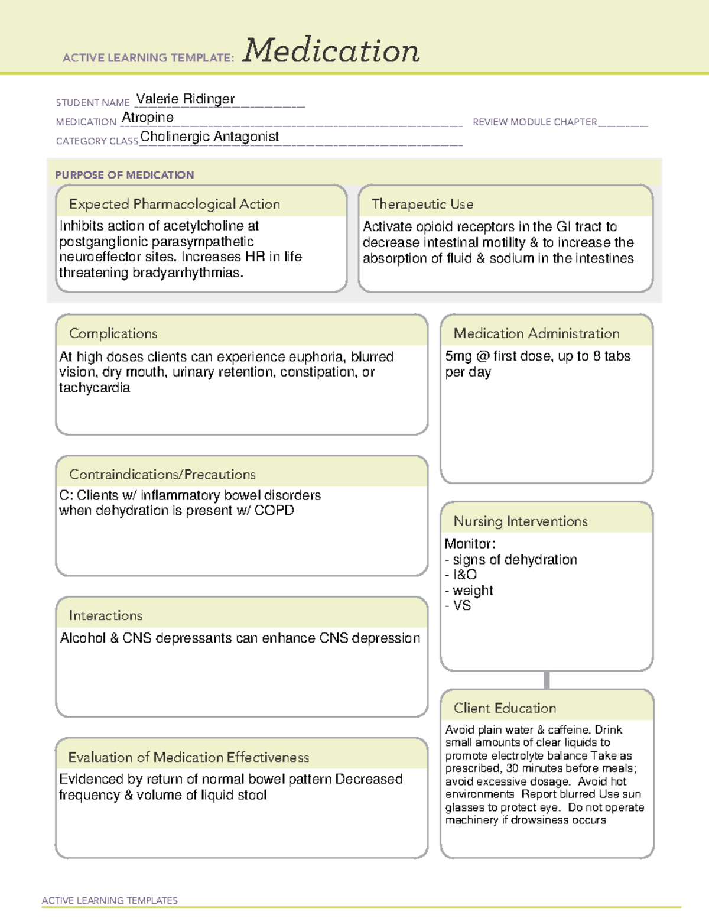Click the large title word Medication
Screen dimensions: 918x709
(x=331, y=51)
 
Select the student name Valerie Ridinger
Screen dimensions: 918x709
(x=185, y=99)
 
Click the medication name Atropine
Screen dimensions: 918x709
(x=148, y=118)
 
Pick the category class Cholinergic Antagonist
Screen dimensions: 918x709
(x=209, y=137)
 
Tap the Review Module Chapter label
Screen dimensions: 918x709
(x=535, y=122)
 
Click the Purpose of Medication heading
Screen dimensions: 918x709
(x=125, y=175)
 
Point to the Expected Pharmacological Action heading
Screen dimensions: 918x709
(x=174, y=204)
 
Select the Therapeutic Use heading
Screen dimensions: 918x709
(x=422, y=204)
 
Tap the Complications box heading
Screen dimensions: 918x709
(x=113, y=333)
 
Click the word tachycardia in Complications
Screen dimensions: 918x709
(x=95, y=388)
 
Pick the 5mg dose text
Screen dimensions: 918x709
(x=458, y=356)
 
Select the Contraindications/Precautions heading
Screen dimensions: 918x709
(x=162, y=474)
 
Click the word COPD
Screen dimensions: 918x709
(x=274, y=510)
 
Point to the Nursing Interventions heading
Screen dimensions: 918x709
(x=521, y=521)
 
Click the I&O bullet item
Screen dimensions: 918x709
(x=464, y=575)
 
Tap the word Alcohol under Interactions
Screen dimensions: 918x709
(x=83, y=638)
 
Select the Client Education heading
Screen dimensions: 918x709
(x=505, y=708)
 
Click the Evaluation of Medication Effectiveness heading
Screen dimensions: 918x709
(x=188, y=757)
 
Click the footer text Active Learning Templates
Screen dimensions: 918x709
(x=110, y=900)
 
